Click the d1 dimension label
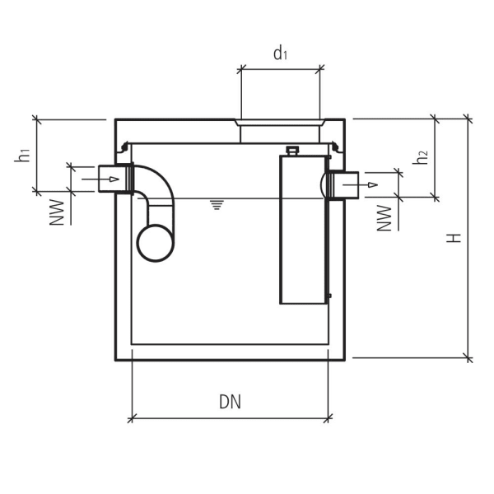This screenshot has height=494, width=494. pos(281,54)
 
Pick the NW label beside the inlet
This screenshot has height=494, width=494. pos(56,211)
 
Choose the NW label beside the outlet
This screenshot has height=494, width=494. pos(384,217)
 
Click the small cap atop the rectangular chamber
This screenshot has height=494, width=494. pos(291,150)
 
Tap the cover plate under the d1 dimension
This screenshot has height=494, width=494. pos(281,123)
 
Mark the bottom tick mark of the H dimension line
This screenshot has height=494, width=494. pos(468,358)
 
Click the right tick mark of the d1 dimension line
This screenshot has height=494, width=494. pos(320,69)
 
